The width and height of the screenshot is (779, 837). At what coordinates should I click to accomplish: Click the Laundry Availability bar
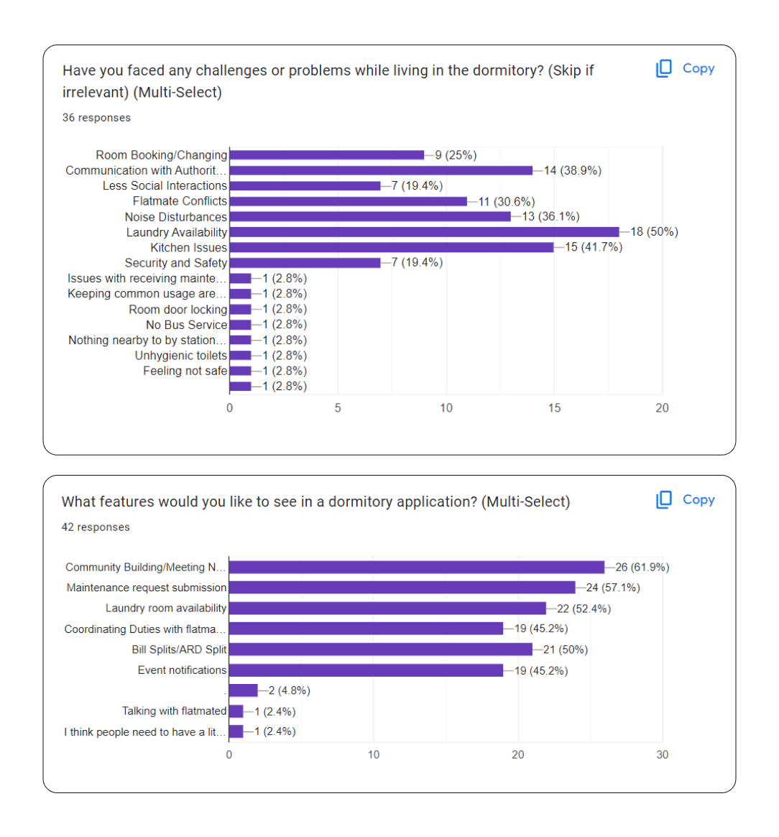coord(424,232)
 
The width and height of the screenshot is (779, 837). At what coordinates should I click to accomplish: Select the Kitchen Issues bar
coord(392,247)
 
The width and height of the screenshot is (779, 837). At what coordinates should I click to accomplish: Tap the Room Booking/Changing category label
coord(162,155)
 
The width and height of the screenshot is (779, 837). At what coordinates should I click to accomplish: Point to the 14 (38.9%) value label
coord(572,170)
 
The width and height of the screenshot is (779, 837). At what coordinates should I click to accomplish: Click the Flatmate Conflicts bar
coord(349,201)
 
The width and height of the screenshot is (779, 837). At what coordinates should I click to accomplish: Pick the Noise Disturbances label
coord(176,217)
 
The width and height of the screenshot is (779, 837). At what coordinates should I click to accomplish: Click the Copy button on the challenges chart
coord(686,68)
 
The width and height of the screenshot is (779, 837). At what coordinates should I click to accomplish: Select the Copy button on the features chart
coord(686,499)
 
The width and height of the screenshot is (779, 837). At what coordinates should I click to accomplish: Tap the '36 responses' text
coord(96,118)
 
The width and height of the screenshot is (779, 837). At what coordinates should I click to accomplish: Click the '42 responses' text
coord(96,527)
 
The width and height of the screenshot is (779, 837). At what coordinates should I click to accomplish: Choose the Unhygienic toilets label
coord(181,356)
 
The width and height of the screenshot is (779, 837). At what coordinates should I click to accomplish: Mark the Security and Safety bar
coord(305,263)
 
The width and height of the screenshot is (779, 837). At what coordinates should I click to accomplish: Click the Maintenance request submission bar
coord(402,588)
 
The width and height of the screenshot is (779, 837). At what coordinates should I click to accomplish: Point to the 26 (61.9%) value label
coord(642,568)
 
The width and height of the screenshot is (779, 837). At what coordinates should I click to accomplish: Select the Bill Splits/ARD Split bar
coord(380,649)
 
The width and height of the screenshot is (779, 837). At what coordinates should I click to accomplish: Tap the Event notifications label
coord(183,670)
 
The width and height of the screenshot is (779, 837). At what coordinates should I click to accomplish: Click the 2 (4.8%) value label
coord(289,690)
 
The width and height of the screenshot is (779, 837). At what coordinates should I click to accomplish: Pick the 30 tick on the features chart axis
coord(662,754)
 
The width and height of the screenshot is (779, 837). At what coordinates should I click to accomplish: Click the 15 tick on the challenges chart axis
coord(554,408)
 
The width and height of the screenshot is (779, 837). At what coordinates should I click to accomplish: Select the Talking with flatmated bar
coord(236,711)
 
